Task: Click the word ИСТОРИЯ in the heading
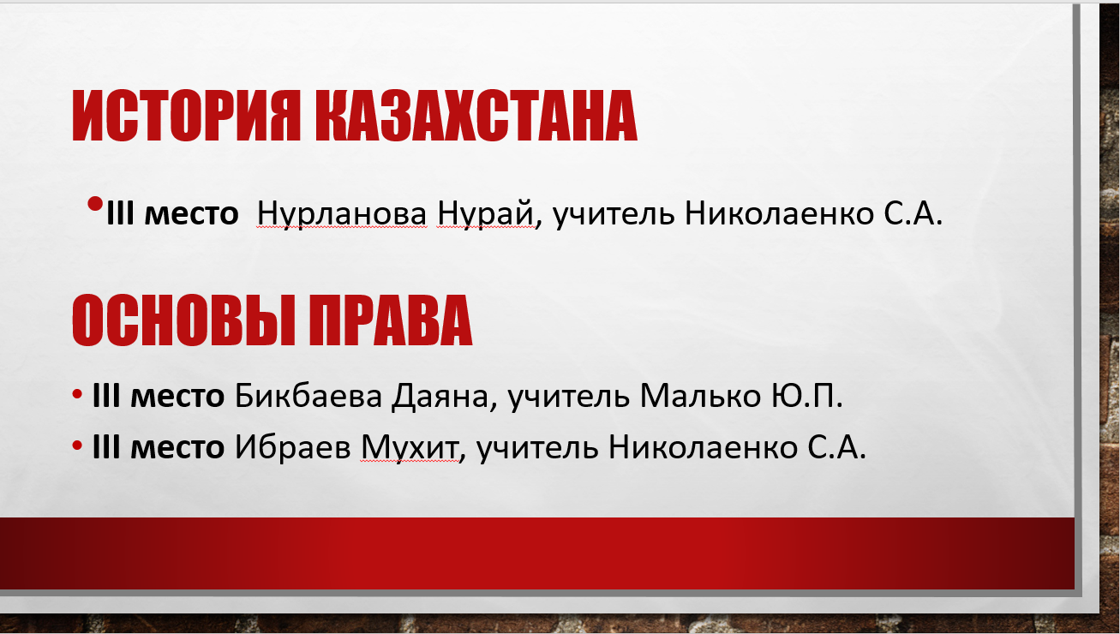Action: pos(187,116)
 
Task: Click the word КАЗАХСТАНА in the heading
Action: pos(476,116)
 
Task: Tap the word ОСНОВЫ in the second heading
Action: pos(183,320)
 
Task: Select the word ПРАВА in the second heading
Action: pos(390,320)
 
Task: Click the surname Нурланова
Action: pos(342,213)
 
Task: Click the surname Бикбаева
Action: pos(308,396)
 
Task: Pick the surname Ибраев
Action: pos(292,446)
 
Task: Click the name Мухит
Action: pos(410,447)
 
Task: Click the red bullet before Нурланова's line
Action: pos(94,204)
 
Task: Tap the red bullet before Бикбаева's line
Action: pos(77,393)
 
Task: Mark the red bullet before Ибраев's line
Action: pos(77,445)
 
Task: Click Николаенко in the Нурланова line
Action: pos(779,213)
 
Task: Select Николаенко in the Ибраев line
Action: pos(703,447)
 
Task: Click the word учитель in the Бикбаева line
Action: pos(568,397)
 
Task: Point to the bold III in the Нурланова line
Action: pos(120,213)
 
